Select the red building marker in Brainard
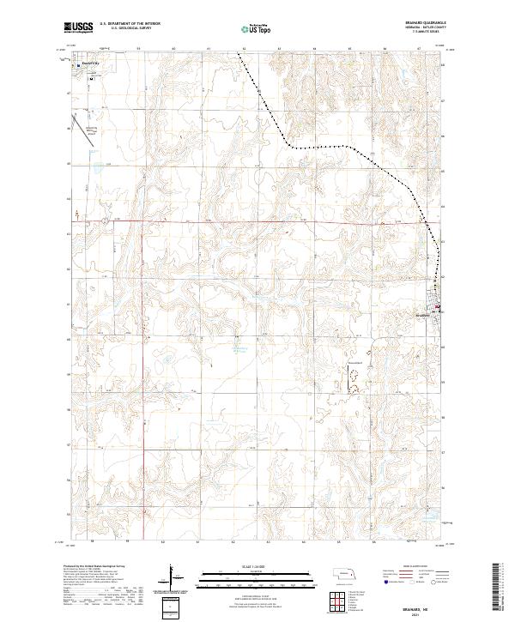click(x=436, y=308)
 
